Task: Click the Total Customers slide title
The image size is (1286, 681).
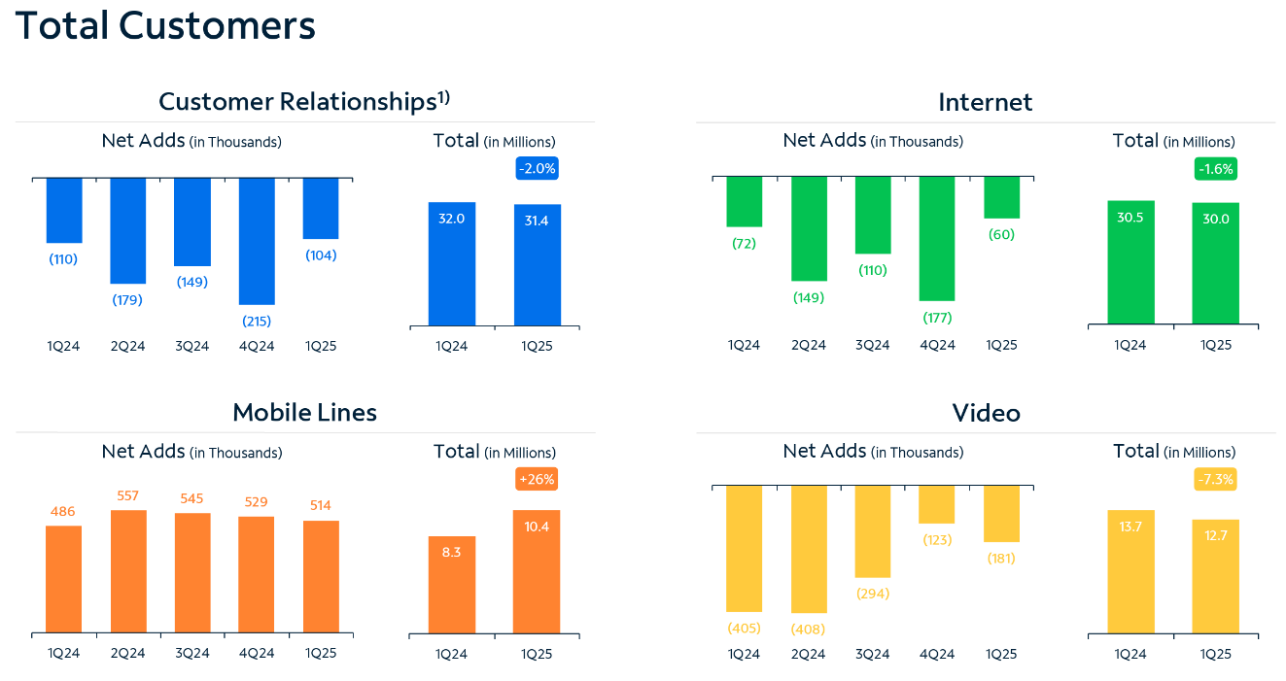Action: point(165,25)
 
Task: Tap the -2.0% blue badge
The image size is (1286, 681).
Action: point(537,168)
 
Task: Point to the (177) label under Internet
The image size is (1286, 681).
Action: point(937,318)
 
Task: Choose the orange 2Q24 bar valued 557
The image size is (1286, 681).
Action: point(128,572)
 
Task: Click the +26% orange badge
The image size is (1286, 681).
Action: point(537,479)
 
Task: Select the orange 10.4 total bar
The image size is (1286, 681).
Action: point(537,572)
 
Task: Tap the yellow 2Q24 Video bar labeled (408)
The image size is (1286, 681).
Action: point(809,549)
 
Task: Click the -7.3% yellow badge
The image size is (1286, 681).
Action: point(1216,479)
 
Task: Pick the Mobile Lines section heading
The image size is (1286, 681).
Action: point(304,413)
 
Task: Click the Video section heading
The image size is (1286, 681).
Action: point(986,413)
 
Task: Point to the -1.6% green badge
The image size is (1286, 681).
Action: point(1216,168)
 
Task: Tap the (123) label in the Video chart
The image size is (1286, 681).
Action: point(937,539)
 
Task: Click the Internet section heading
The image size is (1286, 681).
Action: point(986,102)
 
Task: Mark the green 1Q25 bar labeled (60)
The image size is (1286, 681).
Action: point(1001,197)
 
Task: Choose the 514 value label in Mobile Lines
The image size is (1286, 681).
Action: point(321,505)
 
